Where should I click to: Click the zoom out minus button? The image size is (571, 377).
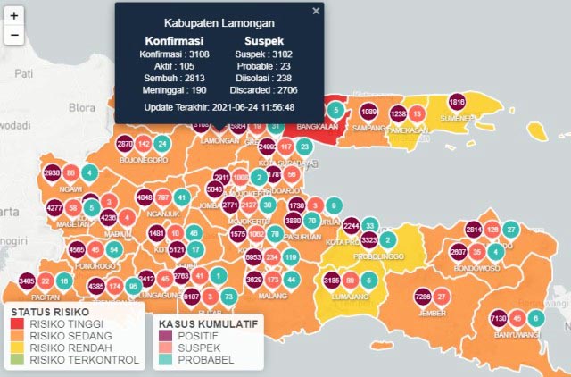tap(14, 36)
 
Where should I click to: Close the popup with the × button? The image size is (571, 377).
tap(316, 12)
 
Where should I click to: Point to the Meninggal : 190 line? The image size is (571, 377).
tap(173, 89)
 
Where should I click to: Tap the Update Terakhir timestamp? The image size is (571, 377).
tap(219, 107)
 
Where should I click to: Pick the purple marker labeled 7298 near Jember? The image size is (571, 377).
tap(423, 296)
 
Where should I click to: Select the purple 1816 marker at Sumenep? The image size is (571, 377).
tap(458, 101)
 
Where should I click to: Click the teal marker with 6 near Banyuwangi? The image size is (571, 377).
tap(535, 318)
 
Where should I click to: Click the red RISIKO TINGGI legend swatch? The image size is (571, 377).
tap(18, 324)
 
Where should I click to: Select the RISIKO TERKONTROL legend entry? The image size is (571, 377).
tap(84, 359)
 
